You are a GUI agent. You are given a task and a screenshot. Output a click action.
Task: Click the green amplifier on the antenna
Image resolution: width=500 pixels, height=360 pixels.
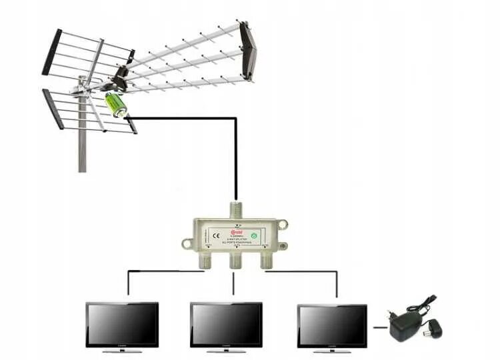point(115,105)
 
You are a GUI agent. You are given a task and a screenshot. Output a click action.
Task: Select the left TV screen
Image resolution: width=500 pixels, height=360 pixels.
point(122,325)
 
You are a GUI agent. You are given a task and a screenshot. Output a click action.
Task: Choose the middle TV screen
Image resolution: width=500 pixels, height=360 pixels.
point(226,325)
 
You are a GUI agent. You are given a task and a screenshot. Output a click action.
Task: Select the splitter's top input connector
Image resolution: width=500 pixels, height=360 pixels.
point(234,209)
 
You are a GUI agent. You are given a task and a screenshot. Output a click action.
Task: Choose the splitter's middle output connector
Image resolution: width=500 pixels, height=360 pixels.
point(234,260)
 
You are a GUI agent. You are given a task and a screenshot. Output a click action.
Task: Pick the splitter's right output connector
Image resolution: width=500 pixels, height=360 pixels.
point(265,259)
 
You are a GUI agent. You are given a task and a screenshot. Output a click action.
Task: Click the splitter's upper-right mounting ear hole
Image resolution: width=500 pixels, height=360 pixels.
point(283,223)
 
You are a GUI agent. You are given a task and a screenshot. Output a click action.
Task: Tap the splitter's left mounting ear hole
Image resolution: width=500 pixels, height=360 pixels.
point(186,244)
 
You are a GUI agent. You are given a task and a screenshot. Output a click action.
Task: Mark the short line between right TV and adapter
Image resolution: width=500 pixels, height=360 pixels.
point(379,327)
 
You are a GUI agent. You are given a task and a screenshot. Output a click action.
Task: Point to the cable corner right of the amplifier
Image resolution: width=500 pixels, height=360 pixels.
point(235,119)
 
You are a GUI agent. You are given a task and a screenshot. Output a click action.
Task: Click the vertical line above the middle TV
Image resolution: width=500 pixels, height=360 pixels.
point(234,283)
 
